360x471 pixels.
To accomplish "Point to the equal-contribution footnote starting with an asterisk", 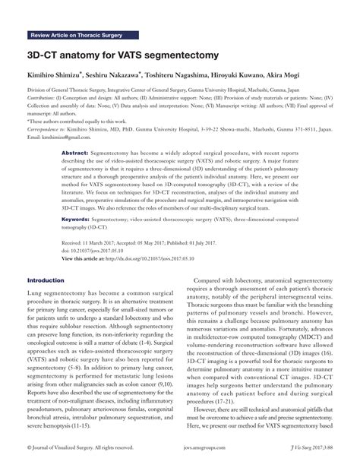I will (82, 121).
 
